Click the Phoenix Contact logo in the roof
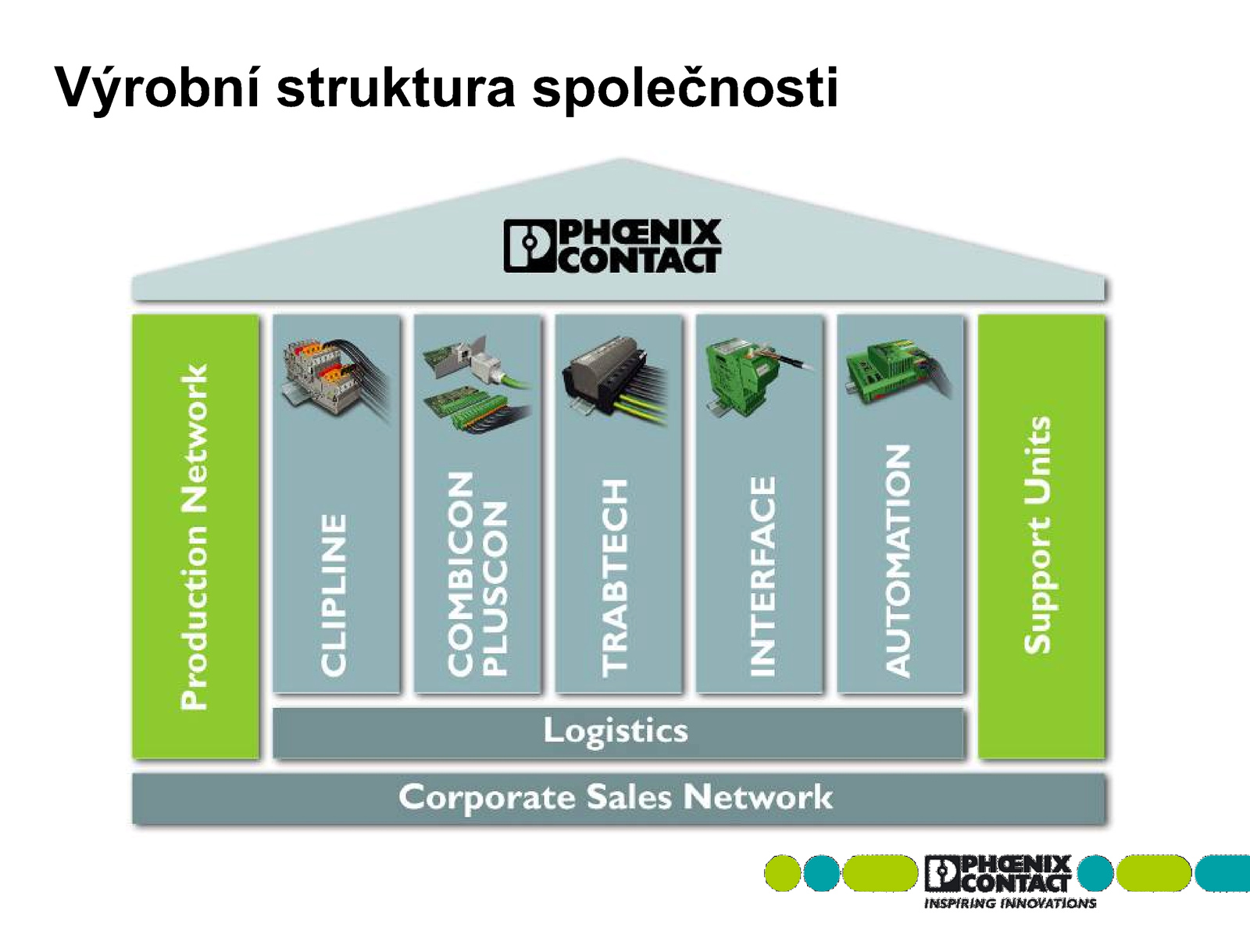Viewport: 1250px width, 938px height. pos(612,245)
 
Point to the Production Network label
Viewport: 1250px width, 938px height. pos(195,537)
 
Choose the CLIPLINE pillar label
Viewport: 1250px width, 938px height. pos(334,596)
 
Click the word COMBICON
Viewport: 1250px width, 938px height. pos(460,574)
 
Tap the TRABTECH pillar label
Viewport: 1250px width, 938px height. pos(615,578)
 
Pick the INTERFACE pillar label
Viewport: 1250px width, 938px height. pos(762,576)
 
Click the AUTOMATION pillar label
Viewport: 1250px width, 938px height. pos(898,561)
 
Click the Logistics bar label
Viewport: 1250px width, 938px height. pos(616,731)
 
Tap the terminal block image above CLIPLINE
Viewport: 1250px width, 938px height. pos(337,380)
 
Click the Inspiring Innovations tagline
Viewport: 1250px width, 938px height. pos(1010,904)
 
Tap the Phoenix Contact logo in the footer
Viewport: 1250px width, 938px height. pos(998,874)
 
